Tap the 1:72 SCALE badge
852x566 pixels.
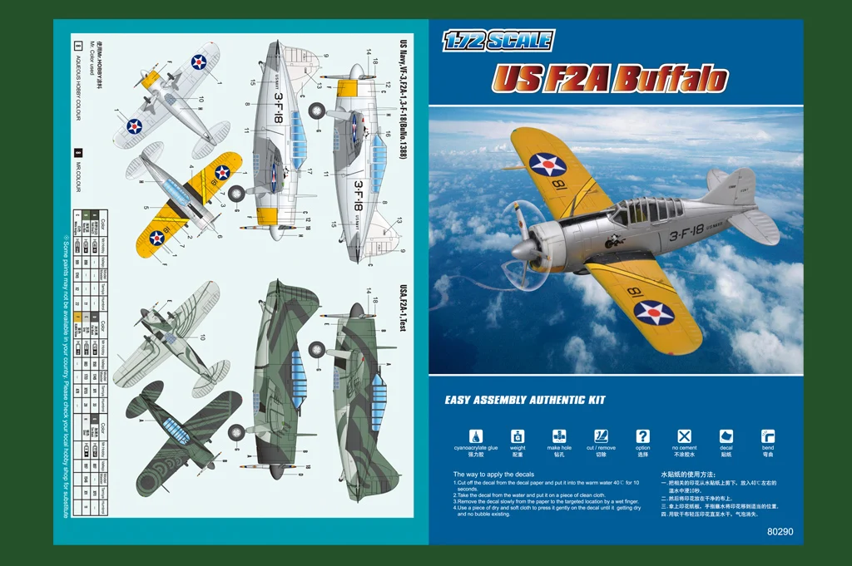498,40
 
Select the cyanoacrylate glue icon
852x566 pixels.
476,436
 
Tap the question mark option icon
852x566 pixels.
642,436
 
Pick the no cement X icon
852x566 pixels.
684,436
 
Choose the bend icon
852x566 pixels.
767,436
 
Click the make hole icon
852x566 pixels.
559,436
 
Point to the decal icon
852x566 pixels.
726,436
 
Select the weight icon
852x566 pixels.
518,436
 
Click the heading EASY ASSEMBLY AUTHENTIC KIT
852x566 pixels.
524,401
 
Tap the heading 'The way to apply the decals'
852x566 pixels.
493,475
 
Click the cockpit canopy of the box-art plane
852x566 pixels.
637,211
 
